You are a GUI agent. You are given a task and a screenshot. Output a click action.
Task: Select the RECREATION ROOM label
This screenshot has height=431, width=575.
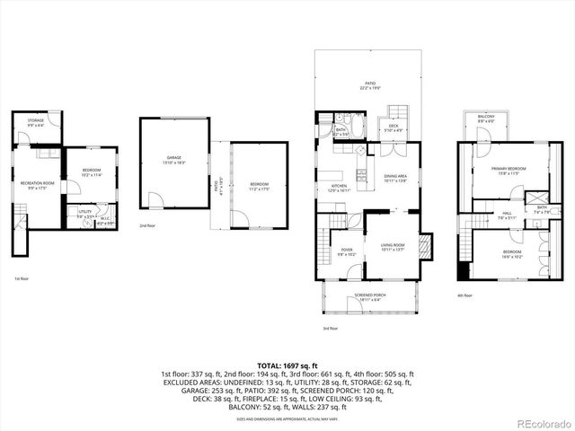click(x=38, y=185)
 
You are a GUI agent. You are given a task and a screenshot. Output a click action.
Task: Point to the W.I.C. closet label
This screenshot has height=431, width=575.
click(x=104, y=219)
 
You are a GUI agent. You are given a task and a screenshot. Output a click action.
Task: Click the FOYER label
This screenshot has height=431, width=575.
click(x=346, y=252)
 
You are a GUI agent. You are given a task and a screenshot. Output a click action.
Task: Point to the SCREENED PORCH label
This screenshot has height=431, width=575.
click(x=370, y=296)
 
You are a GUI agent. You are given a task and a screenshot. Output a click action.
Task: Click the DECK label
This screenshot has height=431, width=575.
click(x=394, y=127)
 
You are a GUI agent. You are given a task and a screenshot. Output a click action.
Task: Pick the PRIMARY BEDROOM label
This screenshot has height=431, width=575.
click(x=506, y=171)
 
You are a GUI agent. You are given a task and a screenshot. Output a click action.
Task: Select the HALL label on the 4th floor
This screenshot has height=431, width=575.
click(x=507, y=215)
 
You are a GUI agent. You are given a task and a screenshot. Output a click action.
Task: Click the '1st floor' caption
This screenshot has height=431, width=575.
click(x=20, y=280)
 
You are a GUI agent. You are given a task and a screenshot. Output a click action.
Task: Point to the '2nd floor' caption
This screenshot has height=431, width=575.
click(x=147, y=225)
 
